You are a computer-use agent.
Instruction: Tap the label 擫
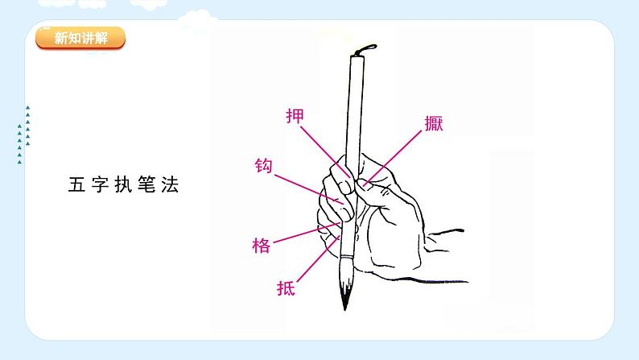click(434, 124)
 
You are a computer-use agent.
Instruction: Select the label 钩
click(263, 167)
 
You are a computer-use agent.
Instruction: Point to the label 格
click(262, 246)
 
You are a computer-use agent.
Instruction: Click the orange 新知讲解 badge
click(80, 38)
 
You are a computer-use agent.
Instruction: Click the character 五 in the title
click(76, 185)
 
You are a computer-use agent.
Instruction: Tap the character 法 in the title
click(169, 185)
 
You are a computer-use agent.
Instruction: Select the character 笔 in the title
click(146, 185)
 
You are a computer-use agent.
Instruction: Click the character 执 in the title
click(122, 185)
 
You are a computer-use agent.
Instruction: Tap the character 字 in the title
click(99, 185)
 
